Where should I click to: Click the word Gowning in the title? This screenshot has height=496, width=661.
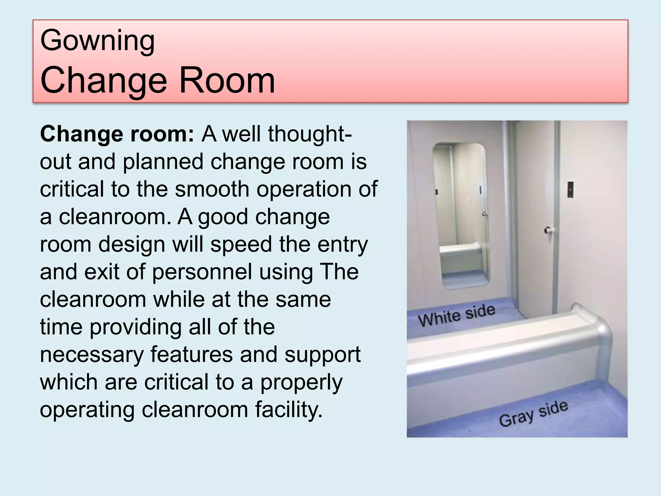click(97, 41)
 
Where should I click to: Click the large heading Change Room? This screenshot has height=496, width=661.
click(158, 80)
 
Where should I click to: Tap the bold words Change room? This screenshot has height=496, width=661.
click(117, 134)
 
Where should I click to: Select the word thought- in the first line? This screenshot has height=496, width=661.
click(310, 134)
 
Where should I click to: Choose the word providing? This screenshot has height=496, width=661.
click(136, 327)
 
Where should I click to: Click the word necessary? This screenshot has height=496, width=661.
click(92, 354)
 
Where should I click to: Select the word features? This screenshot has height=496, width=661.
click(191, 354)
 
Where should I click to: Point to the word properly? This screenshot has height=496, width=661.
click(301, 382)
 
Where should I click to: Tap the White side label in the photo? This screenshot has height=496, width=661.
click(456, 316)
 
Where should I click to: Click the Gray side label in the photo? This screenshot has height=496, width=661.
click(533, 414)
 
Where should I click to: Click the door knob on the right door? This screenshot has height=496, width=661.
click(548, 230)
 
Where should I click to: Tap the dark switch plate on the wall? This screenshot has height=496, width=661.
click(571, 190)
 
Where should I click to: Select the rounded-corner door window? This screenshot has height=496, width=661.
click(461, 215)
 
